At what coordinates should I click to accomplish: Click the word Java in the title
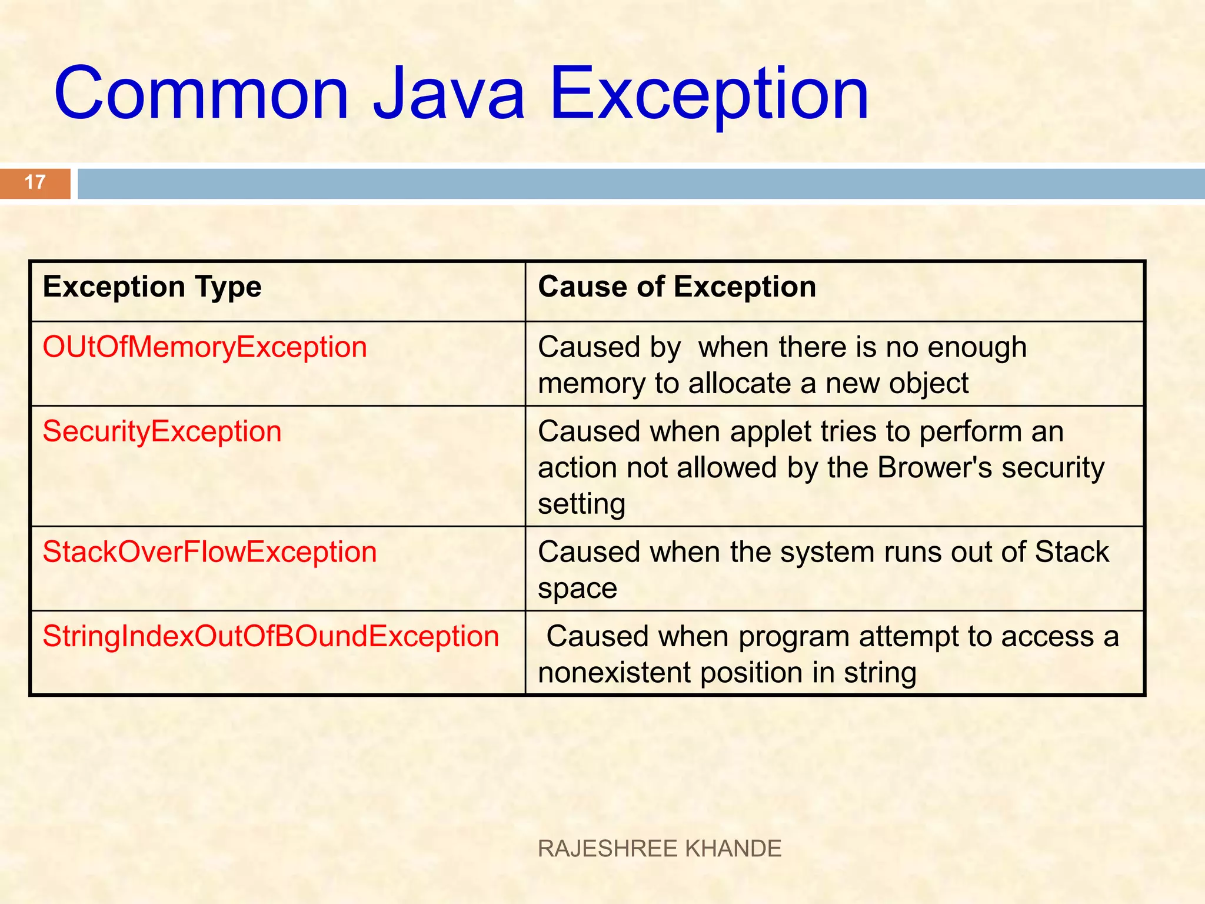pyautogui.click(x=449, y=94)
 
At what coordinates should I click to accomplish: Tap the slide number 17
pyautogui.click(x=35, y=182)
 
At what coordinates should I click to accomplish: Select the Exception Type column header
pyautogui.click(x=152, y=288)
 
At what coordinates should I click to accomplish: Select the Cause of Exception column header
pyautogui.click(x=677, y=288)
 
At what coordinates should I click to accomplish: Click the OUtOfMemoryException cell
pyautogui.click(x=205, y=347)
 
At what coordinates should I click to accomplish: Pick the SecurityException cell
pyautogui.click(x=162, y=431)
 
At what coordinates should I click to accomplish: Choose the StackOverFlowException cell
pyautogui.click(x=209, y=552)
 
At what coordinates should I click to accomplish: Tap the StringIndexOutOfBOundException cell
pyautogui.click(x=271, y=637)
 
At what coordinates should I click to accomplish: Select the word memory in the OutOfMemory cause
pyautogui.click(x=591, y=384)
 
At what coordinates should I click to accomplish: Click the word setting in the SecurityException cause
pyautogui.click(x=581, y=505)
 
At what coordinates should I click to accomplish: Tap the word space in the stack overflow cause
pyautogui.click(x=577, y=589)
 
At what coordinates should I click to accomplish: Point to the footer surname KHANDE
pyautogui.click(x=734, y=849)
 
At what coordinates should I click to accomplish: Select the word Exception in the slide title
pyautogui.click(x=709, y=94)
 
